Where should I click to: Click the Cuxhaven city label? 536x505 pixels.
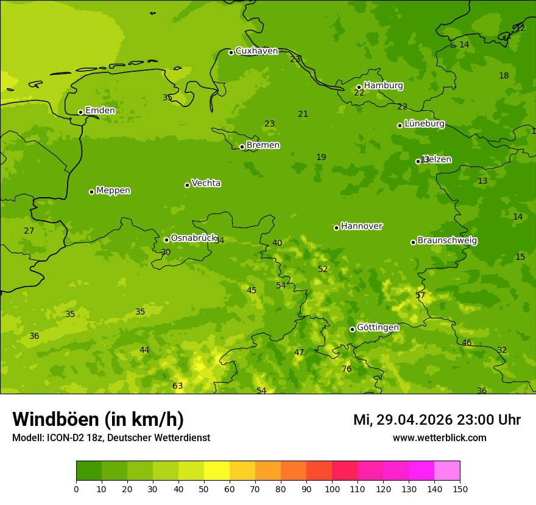(256, 51)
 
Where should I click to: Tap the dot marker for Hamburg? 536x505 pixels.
(359, 87)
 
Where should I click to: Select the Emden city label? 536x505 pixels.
(100, 111)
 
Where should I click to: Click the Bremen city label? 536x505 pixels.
(263, 145)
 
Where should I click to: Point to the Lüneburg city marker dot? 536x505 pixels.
(400, 125)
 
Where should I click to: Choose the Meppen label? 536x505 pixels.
(113, 190)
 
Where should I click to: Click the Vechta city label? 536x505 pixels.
(206, 183)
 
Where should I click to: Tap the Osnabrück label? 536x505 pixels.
(194, 239)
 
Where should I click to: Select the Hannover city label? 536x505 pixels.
(361, 226)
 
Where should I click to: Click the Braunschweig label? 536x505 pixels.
(447, 241)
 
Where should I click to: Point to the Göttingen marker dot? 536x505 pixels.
(352, 329)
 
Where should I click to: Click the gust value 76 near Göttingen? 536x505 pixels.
(347, 369)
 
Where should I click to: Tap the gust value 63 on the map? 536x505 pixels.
(178, 386)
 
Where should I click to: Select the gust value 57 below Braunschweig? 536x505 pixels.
(420, 296)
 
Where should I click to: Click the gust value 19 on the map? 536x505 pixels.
(321, 158)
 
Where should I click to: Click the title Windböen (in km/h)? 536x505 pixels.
(98, 419)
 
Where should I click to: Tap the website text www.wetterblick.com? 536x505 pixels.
(439, 438)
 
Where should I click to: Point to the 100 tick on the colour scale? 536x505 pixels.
(332, 489)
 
